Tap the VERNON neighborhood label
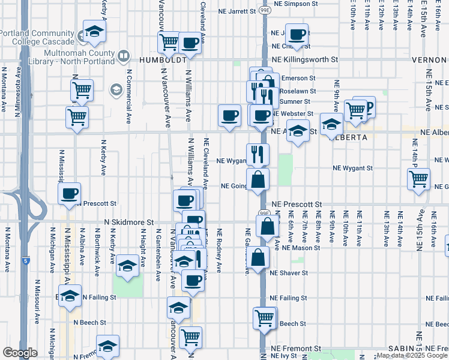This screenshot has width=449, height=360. click(x=430, y=60)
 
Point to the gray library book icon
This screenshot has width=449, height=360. click(x=124, y=57)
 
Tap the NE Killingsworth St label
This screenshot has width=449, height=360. click(x=305, y=60)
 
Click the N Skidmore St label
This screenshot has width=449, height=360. click(x=130, y=221)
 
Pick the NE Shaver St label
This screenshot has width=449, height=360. click(x=289, y=272)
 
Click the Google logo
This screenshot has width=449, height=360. click(x=20, y=352)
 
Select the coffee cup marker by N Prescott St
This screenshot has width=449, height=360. click(x=69, y=194)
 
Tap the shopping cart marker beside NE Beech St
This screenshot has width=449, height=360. click(x=264, y=317)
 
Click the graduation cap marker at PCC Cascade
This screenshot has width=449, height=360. click(x=94, y=33)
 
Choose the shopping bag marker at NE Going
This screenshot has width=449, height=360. click(x=258, y=179)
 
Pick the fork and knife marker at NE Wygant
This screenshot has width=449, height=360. click(x=258, y=154)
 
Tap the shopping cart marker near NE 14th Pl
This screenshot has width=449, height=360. click(x=418, y=178)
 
